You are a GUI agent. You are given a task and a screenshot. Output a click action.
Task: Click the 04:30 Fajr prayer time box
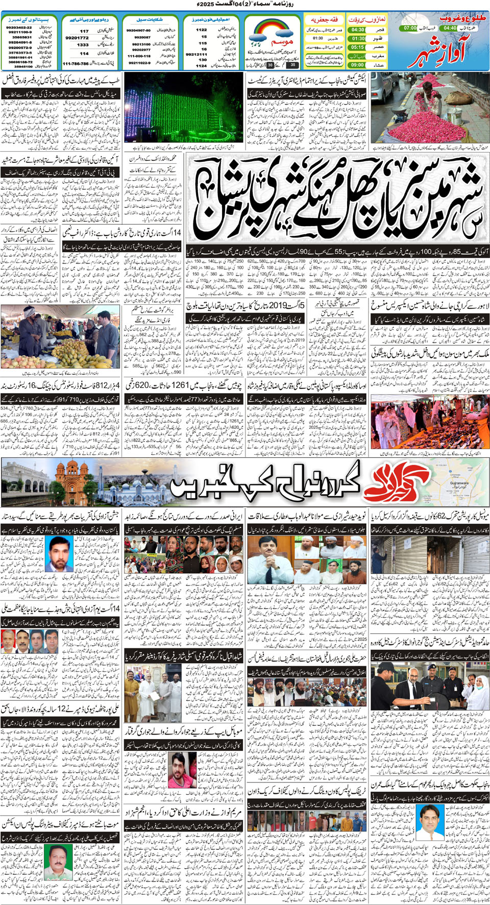click(358, 30)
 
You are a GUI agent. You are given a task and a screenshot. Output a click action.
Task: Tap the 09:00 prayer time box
click(358, 65)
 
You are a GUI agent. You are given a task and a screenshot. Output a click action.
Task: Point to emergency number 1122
click(202, 30)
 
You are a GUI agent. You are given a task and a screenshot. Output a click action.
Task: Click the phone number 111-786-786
click(75, 64)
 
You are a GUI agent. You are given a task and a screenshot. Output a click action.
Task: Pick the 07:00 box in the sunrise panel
click(410, 28)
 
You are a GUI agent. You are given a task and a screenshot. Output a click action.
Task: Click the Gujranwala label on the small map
click(459, 482)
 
